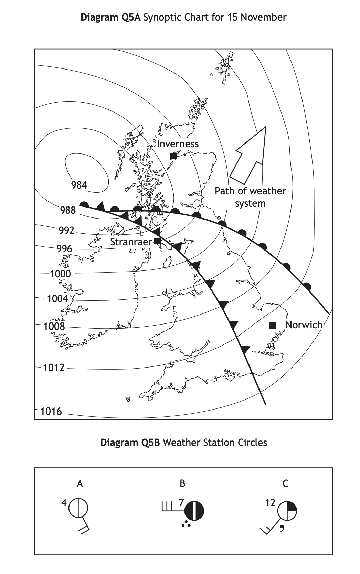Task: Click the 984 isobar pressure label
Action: [79, 185]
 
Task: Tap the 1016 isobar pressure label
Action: [51, 411]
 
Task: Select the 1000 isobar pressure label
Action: [60, 274]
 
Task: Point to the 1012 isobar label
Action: [54, 368]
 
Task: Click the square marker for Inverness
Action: [173, 156]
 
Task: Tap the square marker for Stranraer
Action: [157, 241]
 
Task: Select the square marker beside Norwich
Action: [272, 325]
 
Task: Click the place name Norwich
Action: [304, 325]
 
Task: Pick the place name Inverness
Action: [178, 144]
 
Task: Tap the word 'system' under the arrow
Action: [250, 203]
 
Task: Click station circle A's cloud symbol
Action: [78, 508]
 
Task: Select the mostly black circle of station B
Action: [194, 510]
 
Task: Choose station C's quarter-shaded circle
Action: [287, 511]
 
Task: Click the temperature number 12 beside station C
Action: [270, 503]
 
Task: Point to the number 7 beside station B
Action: [181, 503]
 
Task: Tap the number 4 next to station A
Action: [64, 503]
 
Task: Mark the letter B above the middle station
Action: [182, 483]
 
